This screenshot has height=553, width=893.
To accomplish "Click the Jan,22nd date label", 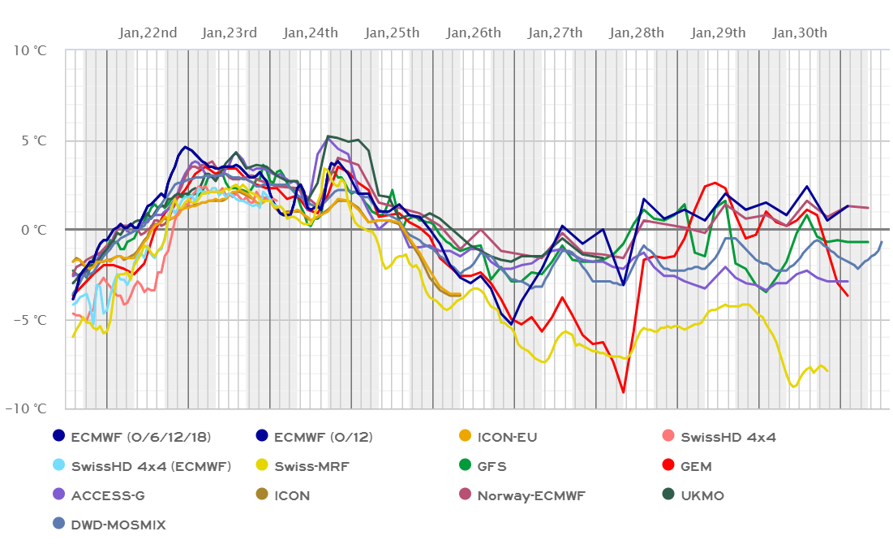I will pos(148,32).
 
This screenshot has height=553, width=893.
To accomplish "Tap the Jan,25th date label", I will pos(392,32).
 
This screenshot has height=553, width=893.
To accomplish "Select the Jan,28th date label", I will pos(637,32).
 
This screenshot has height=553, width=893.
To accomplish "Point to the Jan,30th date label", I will pos(800,32).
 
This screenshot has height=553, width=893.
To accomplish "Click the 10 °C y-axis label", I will pos(29,50).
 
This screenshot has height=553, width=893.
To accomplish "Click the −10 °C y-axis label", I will pos(26,408).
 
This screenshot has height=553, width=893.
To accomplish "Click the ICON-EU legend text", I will pos(507,437).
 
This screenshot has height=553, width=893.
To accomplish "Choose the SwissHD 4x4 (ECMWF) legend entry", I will pos(151,466).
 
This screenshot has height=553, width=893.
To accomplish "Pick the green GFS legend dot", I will pos(465,466).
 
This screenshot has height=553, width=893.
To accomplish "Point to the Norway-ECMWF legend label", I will pos(531,495).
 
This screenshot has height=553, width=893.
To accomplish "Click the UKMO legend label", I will pos(703,495).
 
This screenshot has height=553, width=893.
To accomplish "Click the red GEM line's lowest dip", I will pos(623,392).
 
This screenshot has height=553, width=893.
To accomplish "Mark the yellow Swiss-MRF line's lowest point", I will pos(794,387).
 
